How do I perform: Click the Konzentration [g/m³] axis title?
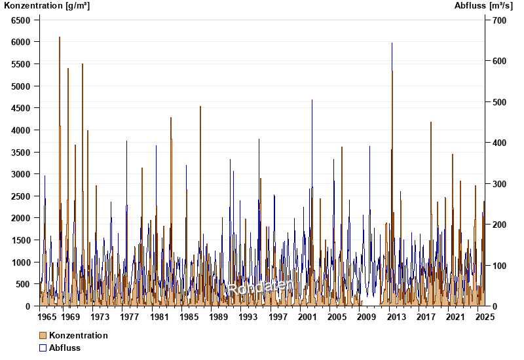click(47, 6)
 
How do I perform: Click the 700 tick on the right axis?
click(500, 20)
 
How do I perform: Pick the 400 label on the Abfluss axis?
click(500, 143)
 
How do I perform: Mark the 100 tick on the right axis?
click(500, 266)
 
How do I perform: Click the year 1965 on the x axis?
click(47, 317)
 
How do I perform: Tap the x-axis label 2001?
click(307, 317)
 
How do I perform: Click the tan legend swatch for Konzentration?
click(43, 335)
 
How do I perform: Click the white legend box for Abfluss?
click(43, 348)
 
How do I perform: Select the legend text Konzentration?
click(79, 335)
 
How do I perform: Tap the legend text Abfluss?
click(65, 348)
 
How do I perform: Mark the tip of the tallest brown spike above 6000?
click(60, 37)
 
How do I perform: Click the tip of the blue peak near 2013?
click(392, 43)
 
